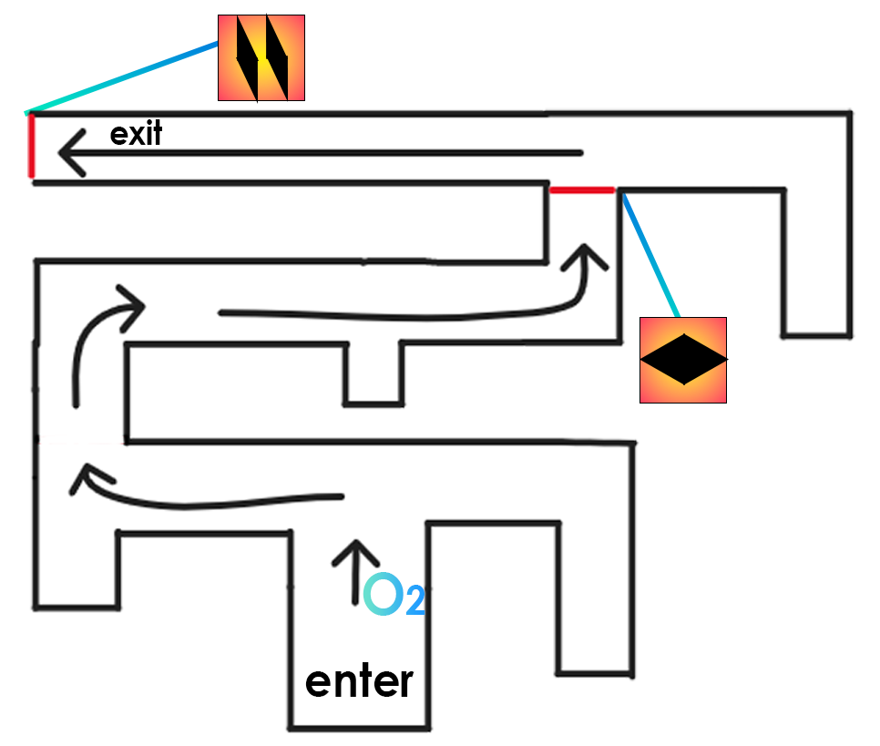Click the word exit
[136, 135]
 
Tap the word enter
[359, 681]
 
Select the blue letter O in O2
[383, 594]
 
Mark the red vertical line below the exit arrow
[30, 146]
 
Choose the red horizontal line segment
[583, 190]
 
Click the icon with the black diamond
[683, 360]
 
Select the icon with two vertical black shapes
[261, 57]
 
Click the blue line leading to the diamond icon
[650, 255]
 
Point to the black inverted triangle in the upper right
[701, 223]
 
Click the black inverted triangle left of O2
[205, 569]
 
